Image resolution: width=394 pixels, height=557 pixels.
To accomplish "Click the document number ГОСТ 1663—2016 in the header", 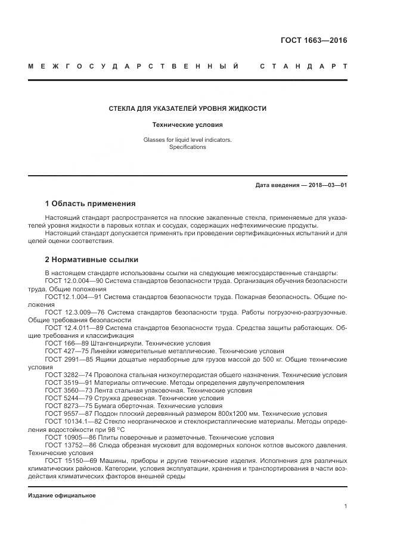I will (x=314, y=41).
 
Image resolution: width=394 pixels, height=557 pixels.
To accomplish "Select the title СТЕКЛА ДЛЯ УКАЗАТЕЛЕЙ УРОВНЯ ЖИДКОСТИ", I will (x=187, y=108).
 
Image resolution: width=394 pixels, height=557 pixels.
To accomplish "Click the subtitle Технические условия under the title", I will (x=187, y=125).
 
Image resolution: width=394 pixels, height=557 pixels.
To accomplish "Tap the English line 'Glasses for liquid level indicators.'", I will (x=187, y=140).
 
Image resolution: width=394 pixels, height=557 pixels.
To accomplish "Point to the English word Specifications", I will (x=187, y=147).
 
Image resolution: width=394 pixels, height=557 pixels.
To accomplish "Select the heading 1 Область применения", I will (x=90, y=203).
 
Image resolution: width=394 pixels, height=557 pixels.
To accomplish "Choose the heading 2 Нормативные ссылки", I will (x=91, y=259).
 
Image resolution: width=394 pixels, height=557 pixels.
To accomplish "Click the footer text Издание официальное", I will (x=62, y=496).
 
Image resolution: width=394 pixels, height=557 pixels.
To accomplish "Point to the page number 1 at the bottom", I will (x=346, y=506).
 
